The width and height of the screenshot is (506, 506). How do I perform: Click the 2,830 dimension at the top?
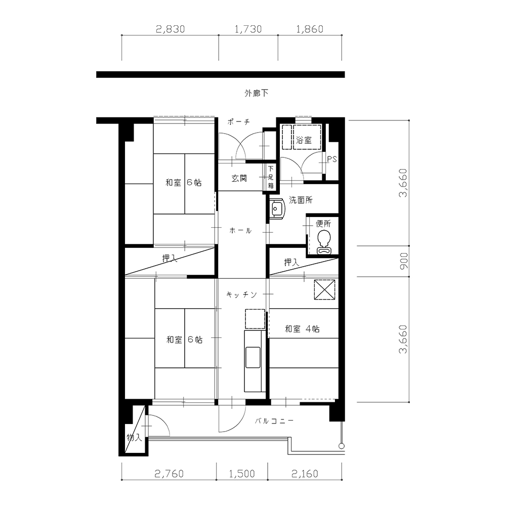[x=171, y=29]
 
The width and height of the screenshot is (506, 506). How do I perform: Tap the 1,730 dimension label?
[x=248, y=29]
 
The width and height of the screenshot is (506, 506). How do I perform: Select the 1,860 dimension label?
[x=310, y=29]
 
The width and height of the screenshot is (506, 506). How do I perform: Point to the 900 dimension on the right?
[x=404, y=261]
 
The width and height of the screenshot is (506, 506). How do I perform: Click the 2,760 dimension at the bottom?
[x=169, y=474]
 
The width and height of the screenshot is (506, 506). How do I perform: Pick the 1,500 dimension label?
[x=242, y=474]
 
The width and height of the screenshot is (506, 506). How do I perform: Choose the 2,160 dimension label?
[x=305, y=474]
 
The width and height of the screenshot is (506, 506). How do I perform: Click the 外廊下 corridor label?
[x=256, y=93]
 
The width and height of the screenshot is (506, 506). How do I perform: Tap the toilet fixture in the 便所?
[x=324, y=243]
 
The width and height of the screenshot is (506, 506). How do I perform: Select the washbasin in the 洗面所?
[x=277, y=208]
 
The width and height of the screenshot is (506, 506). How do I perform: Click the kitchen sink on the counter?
[x=252, y=357]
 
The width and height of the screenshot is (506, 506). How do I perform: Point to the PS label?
[x=332, y=159]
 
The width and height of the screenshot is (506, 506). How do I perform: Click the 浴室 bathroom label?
[x=304, y=140]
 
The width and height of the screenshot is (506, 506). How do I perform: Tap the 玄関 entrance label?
[x=239, y=178]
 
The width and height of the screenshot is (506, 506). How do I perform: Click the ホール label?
[x=240, y=230]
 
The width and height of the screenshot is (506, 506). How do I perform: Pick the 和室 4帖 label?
[x=303, y=329]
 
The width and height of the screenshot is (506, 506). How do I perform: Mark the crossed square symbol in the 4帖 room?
[x=325, y=290]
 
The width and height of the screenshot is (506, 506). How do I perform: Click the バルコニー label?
[x=274, y=421]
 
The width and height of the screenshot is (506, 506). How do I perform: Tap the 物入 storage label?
[x=134, y=438]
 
